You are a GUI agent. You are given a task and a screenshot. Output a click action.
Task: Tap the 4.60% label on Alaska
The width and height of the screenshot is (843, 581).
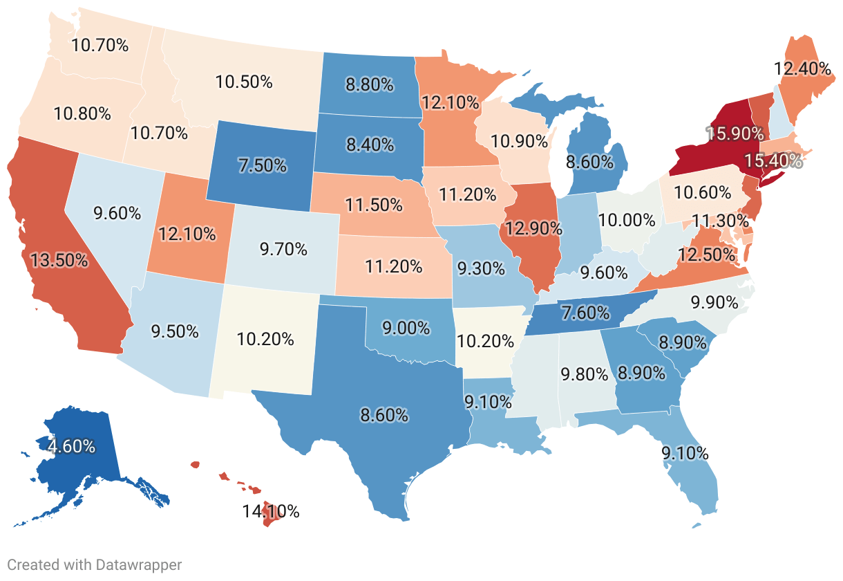pyautogui.click(x=71, y=446)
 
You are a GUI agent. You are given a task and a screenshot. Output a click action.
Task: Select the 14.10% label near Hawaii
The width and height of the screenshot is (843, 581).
pyautogui.click(x=270, y=512)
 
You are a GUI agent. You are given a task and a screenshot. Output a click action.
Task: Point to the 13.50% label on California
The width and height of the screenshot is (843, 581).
pyautogui.click(x=59, y=260)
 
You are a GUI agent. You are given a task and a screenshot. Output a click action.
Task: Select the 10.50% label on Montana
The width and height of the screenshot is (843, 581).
pyautogui.click(x=243, y=81)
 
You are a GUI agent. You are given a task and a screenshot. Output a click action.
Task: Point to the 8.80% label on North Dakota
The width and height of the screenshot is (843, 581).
pyautogui.click(x=370, y=85)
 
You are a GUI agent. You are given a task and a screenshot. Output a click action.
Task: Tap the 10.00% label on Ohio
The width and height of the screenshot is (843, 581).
pyautogui.click(x=627, y=220)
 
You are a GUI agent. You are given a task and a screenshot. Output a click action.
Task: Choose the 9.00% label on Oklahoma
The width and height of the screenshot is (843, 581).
pyautogui.click(x=406, y=328)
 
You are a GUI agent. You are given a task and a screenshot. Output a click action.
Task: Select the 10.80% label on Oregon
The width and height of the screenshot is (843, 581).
pyautogui.click(x=82, y=113)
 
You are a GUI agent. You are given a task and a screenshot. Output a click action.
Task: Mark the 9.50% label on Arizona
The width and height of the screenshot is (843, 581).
pyautogui.click(x=174, y=330)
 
